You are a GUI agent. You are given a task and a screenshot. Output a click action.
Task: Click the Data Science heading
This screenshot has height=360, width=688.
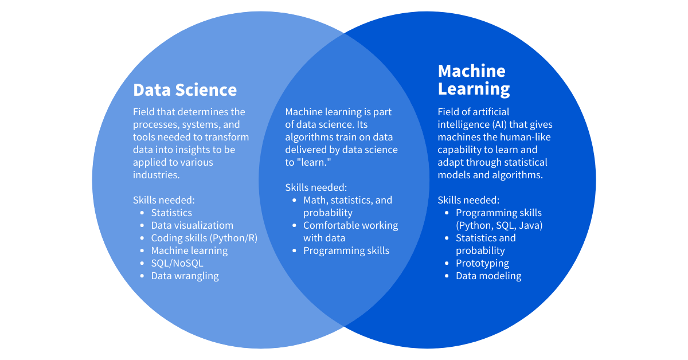[x=185, y=90]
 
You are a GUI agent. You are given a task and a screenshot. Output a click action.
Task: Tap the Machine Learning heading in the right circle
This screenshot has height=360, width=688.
[x=474, y=80]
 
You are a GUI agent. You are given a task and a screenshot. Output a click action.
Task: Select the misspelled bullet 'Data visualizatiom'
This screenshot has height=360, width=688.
[x=192, y=225]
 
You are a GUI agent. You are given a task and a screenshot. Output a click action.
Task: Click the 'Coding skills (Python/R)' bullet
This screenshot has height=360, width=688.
[x=204, y=238]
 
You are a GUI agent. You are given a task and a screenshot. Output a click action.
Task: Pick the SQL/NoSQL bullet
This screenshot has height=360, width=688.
[x=177, y=263]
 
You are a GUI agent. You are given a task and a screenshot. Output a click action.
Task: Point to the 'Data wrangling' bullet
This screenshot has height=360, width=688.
[x=185, y=276]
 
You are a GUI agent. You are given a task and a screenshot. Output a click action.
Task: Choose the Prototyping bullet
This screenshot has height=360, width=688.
[x=482, y=263]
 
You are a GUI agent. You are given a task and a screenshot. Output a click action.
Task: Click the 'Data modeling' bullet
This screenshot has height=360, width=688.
[x=488, y=276]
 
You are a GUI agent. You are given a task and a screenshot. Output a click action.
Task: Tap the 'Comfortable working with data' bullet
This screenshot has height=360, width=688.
[x=350, y=231]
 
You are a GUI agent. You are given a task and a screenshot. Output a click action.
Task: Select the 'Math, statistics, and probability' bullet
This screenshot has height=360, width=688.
[x=347, y=206]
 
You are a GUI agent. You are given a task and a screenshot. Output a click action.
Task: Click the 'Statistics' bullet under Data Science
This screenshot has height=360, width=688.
[x=171, y=213]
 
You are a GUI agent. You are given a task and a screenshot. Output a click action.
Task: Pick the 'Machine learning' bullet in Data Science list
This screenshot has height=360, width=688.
[x=189, y=251]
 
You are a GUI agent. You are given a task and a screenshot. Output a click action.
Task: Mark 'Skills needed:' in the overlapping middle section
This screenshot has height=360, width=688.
[x=316, y=187]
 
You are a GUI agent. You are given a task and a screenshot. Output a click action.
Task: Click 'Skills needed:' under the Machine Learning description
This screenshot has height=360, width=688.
[x=468, y=200]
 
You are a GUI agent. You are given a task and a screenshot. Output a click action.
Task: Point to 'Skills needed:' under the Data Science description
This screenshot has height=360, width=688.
[x=164, y=200]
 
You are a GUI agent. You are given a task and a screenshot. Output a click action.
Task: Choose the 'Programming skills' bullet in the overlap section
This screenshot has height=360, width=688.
[x=346, y=251]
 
